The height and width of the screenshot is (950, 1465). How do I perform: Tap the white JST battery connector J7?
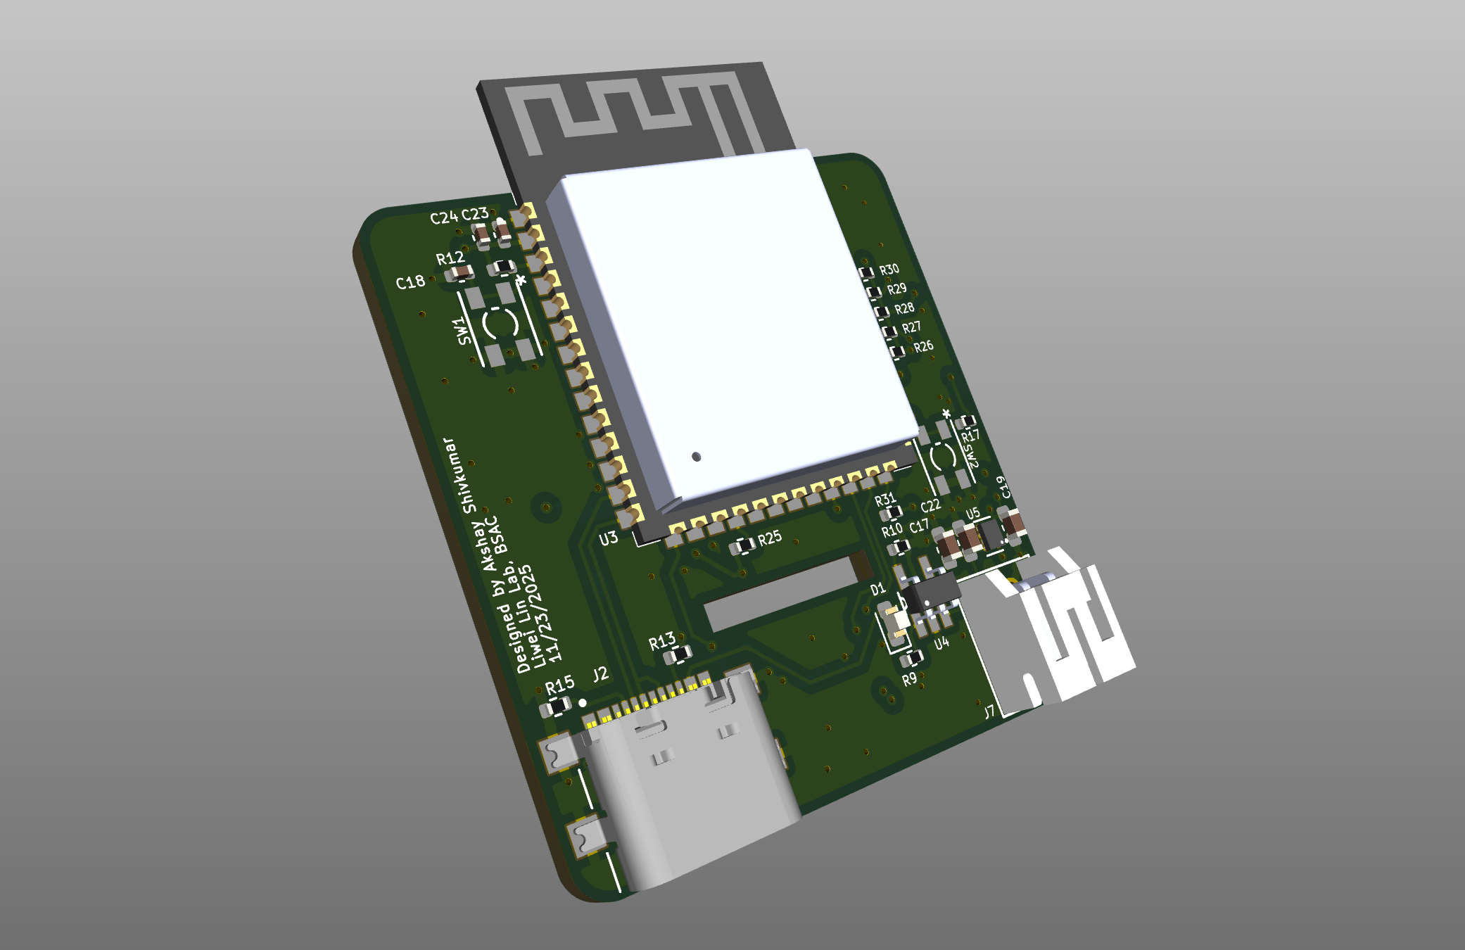(x=1055, y=633)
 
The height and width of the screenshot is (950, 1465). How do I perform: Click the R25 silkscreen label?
(x=770, y=538)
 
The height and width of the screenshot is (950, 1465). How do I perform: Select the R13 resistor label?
(x=661, y=642)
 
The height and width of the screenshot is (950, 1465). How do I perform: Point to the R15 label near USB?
(x=560, y=684)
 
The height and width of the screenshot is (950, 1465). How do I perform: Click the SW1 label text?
(x=462, y=331)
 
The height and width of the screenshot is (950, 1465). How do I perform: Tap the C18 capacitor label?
(x=410, y=283)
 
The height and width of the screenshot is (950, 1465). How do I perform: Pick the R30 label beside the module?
(x=889, y=270)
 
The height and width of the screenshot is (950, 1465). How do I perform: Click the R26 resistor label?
(x=923, y=346)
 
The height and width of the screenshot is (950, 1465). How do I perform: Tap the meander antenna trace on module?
(x=633, y=113)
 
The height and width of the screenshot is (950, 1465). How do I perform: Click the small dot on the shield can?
(x=696, y=457)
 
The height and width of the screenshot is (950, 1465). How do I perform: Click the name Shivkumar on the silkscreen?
(x=460, y=476)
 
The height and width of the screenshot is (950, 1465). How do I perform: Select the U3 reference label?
(x=609, y=539)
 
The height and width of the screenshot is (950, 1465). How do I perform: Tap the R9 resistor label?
(x=909, y=680)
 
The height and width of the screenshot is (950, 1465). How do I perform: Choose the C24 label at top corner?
(x=443, y=218)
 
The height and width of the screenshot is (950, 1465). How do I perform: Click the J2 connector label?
(x=600, y=675)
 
